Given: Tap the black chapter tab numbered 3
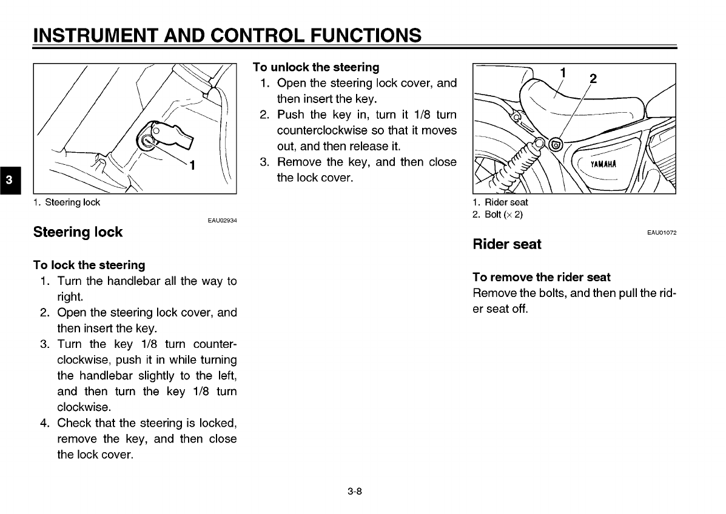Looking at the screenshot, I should pos(9,180).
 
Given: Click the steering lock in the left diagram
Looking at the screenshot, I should pos(148,140).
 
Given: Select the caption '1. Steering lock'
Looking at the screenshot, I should pos(67,202).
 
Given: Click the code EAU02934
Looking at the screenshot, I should pos(221,221).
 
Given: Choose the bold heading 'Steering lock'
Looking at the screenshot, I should pos(78,232).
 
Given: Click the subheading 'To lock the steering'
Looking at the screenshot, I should pos(89,265).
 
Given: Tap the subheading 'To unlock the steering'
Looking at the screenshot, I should pos(315,67).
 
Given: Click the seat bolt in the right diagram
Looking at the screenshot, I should pos(554,144).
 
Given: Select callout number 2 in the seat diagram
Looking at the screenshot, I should pos(593,78).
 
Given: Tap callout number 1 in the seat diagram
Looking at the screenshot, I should pos(563,72).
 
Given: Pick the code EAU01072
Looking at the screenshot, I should pos(662,233).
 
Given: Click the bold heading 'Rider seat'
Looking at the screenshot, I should pos(506,244).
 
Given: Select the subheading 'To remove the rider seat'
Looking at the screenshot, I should pos(541,277).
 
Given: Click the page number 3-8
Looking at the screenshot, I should pos(355,492).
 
